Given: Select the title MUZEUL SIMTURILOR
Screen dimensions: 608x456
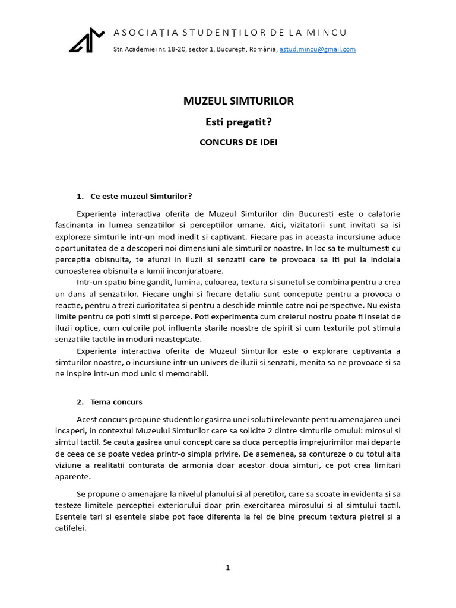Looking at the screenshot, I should point(238,101).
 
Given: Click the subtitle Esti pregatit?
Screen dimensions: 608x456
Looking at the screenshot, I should point(238,122).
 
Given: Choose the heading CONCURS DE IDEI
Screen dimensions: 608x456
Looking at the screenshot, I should point(238,142).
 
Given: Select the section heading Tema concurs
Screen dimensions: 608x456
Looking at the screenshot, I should point(116,402).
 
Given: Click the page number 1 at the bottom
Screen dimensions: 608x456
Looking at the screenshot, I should point(228,568).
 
